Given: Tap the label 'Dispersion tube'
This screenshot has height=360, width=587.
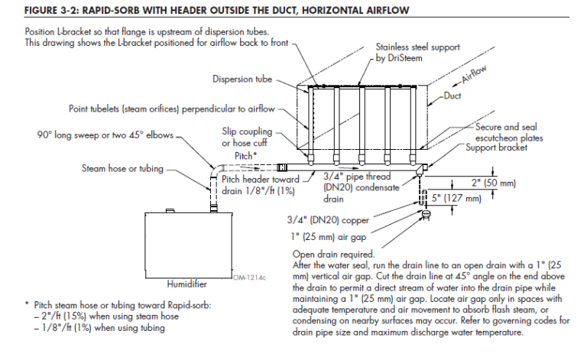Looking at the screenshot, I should (x=242, y=79).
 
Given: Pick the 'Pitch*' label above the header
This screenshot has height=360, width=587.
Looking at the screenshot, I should (x=245, y=155).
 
